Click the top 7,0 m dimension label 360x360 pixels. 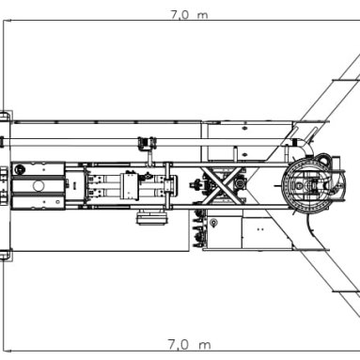pos(189,15)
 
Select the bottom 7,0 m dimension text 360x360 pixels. pos(189,345)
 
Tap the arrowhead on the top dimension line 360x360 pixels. pos(8,21)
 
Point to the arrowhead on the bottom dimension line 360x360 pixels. pos(8,352)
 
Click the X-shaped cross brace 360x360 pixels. pos(223,184)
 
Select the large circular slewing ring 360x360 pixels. pos(313,186)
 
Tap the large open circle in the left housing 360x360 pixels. pos(39,186)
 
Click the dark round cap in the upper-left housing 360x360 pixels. pos(20,169)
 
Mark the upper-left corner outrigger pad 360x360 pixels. pos(6,116)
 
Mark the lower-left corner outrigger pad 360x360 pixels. pos(6,255)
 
